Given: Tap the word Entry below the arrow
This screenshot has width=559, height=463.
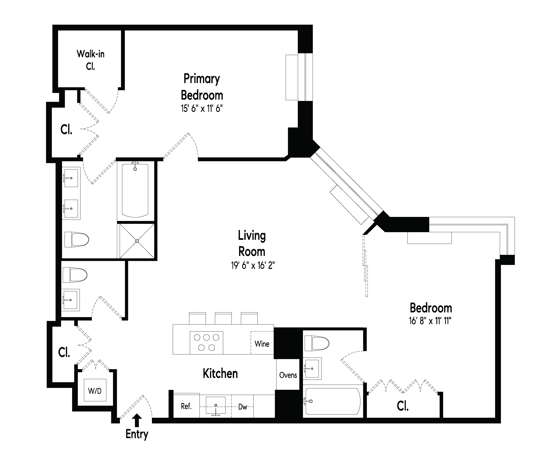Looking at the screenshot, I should coord(137,434).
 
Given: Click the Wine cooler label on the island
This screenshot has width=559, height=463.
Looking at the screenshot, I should coord(262,344).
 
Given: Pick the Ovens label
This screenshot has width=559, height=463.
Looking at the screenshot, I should coord(288,375).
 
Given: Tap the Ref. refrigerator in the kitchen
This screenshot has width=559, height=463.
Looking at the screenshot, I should coord(186,406).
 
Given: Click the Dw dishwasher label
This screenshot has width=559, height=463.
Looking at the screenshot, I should coord(242,407).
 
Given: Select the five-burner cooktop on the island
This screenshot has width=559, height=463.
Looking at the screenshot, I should coord(206,343).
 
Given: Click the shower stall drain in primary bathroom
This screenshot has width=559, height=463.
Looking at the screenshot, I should coord(137,241).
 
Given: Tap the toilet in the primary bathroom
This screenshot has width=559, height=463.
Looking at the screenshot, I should coord(77,239).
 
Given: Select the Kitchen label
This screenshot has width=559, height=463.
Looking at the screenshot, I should coord(220,374).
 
